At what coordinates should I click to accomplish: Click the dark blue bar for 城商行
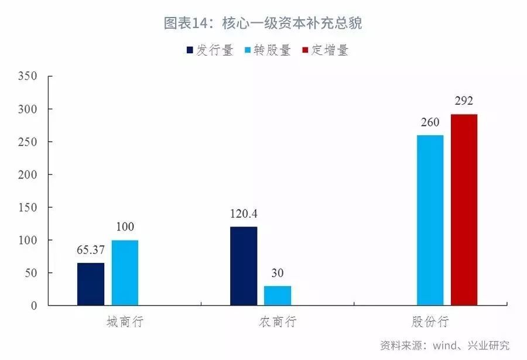(91, 284)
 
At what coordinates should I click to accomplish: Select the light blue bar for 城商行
(125, 273)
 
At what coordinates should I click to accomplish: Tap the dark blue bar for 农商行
(244, 266)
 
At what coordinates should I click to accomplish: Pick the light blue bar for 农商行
(278, 296)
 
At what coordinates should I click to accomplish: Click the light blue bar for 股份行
(430, 220)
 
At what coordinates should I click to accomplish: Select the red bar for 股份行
(464, 210)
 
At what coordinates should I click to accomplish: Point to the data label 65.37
(91, 250)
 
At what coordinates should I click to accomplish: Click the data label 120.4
(244, 214)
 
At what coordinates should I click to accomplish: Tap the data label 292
(464, 101)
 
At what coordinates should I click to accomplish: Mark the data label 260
(430, 122)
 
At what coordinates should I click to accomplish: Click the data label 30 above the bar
(278, 273)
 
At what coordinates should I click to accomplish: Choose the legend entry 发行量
(210, 50)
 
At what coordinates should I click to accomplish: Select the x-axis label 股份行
(430, 322)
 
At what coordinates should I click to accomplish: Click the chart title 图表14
(263, 23)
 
